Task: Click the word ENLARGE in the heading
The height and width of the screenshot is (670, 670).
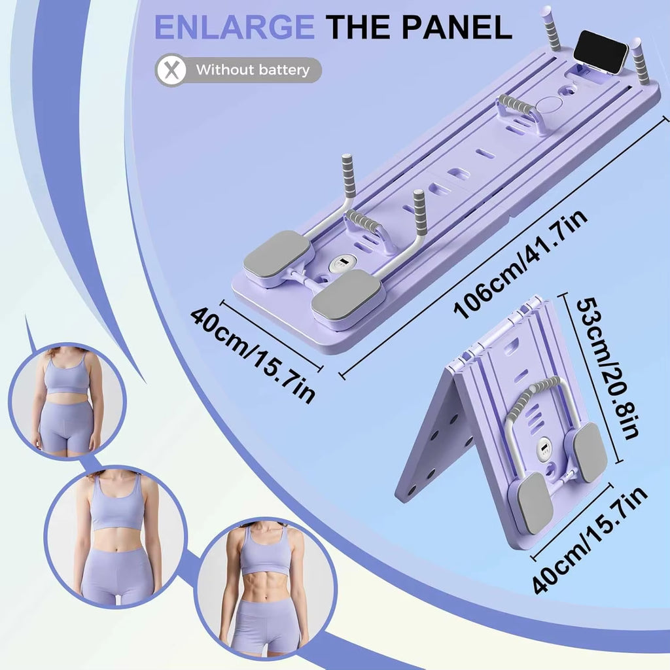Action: pos(233,27)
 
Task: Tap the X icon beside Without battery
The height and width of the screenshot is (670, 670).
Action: pos(171,69)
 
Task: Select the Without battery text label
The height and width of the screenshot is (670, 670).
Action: pos(253,70)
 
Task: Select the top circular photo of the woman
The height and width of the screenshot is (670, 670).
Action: pos(67,401)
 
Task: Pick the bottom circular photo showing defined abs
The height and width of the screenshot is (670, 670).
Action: pos(266,586)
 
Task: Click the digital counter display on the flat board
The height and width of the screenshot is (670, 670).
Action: pos(342,264)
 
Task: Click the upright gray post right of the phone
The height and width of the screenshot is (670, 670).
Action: pos(639,61)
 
